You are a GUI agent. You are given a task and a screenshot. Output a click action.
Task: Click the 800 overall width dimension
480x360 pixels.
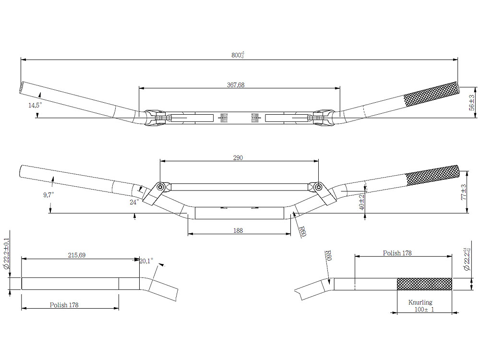(x=238, y=55)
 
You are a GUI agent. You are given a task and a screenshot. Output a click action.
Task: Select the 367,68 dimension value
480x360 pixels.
(x=236, y=85)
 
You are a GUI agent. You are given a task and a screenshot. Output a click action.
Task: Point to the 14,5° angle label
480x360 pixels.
(x=35, y=105)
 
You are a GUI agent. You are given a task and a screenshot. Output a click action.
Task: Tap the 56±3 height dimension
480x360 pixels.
(x=472, y=103)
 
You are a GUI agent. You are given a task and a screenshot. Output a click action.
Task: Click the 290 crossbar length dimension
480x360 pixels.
(x=238, y=157)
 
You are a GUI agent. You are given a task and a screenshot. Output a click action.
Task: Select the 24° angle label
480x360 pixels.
(x=134, y=202)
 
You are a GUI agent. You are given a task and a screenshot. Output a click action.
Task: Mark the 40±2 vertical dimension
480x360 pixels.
(x=362, y=202)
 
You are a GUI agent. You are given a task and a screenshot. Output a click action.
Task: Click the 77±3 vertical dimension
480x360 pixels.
(x=464, y=192)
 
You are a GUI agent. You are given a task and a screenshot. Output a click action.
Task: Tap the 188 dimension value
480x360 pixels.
(x=238, y=230)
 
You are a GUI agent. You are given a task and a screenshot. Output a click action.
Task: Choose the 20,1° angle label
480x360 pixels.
(x=146, y=261)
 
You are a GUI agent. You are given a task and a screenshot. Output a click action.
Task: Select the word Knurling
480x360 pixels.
(x=420, y=302)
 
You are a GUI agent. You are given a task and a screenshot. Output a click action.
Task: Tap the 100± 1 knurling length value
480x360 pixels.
(x=424, y=310)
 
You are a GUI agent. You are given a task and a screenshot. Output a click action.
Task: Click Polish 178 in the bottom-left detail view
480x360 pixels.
(x=64, y=305)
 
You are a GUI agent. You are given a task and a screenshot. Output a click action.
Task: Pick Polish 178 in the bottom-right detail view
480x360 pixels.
(x=397, y=253)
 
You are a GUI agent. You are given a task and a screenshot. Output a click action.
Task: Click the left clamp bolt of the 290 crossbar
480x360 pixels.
(x=160, y=186)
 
